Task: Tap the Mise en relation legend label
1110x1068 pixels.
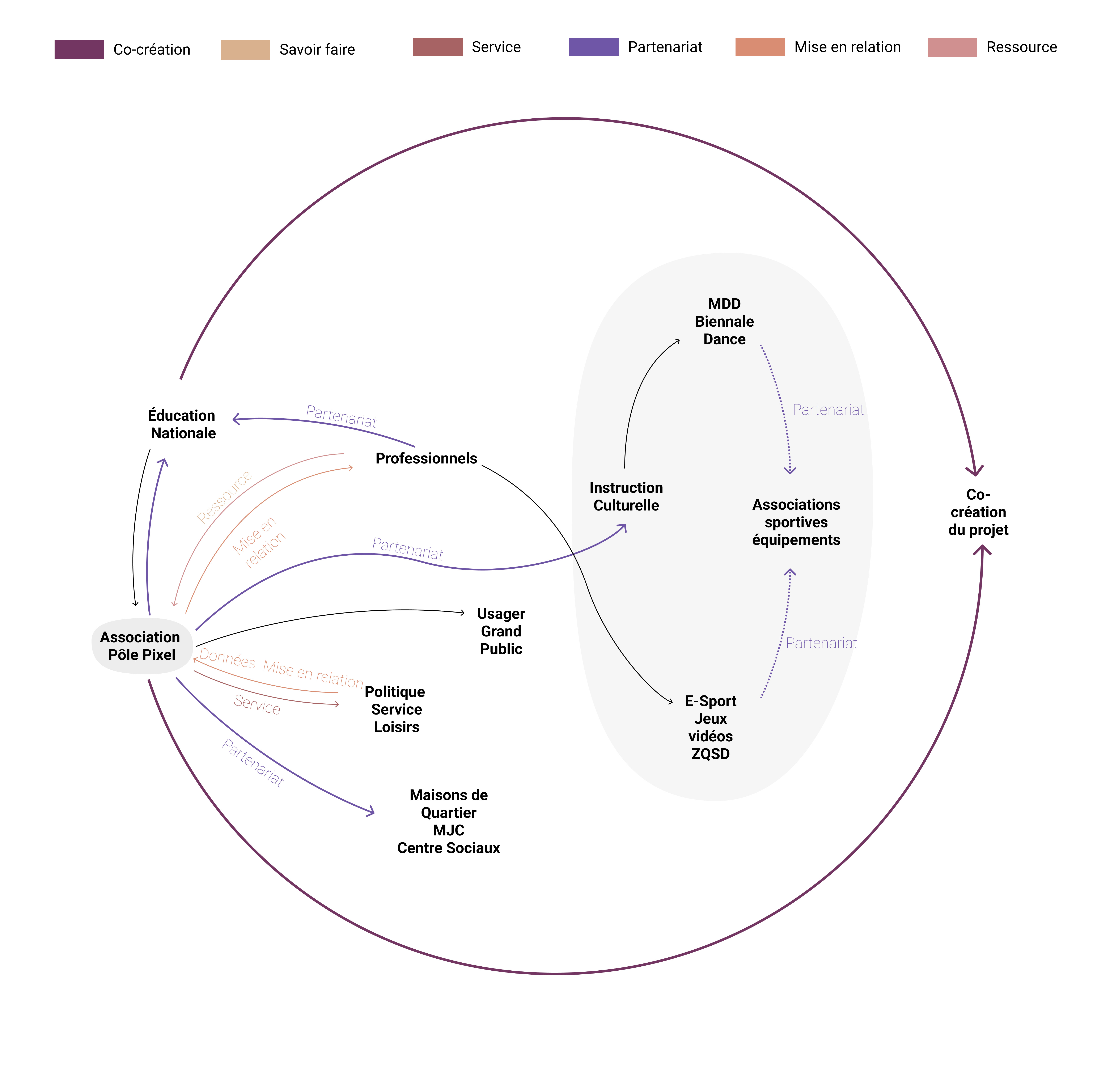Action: (x=847, y=47)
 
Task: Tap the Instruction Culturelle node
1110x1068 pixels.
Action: (x=626, y=497)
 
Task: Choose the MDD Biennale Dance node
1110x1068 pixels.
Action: (x=724, y=322)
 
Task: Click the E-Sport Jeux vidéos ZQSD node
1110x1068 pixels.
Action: (x=710, y=727)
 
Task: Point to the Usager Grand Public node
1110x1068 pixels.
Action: (x=501, y=631)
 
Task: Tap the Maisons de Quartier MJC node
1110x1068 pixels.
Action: (x=449, y=821)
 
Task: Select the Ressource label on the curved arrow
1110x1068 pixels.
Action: (x=224, y=497)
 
